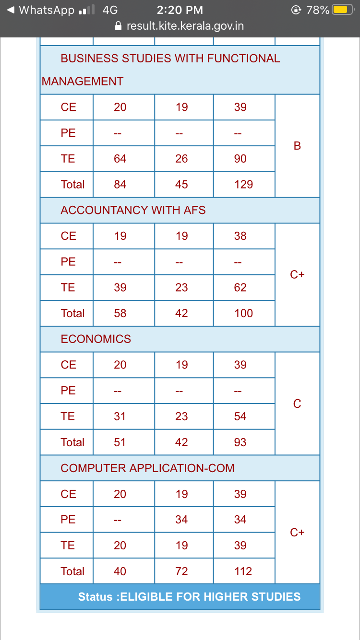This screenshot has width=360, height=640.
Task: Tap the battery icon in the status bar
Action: (x=343, y=10)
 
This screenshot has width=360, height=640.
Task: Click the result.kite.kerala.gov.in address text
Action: (x=185, y=26)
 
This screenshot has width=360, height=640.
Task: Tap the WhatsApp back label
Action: (x=47, y=10)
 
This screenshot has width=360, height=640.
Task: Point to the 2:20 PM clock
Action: (x=180, y=10)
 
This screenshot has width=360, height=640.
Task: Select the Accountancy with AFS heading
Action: (x=133, y=210)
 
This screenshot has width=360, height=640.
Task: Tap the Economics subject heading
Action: (x=96, y=339)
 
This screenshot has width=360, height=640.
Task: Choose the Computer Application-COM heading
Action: (x=147, y=468)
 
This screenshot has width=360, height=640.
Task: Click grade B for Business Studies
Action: (x=297, y=146)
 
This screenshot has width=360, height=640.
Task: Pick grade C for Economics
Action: (x=297, y=404)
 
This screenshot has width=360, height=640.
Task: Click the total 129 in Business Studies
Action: (x=243, y=184)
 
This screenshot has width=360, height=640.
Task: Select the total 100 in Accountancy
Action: (x=243, y=313)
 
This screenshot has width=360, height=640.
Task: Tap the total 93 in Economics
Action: (x=240, y=442)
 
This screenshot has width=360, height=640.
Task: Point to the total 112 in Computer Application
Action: (x=243, y=571)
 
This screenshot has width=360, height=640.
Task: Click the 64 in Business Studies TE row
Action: (x=120, y=158)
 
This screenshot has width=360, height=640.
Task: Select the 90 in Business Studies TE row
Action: (x=240, y=158)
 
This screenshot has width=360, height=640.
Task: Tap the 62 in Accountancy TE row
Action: (x=240, y=287)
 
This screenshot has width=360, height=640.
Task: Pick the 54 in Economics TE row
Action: (x=240, y=416)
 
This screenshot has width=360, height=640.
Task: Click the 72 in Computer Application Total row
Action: (x=181, y=571)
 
